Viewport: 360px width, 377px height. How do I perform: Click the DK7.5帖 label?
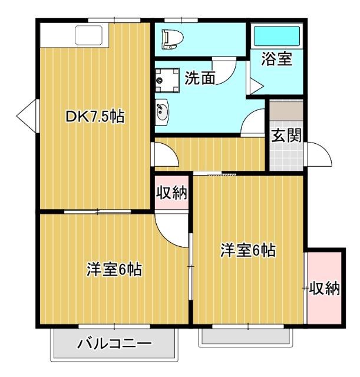[94, 117]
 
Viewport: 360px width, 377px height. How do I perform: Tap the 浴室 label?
[276, 59]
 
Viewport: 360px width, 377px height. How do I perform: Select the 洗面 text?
[199, 78]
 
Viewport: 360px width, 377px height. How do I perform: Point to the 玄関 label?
[286, 135]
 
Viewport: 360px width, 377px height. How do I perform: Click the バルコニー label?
[115, 343]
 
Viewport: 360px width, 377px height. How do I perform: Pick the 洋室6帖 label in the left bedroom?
[114, 270]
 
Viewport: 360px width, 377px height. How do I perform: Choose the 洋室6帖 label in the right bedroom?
[248, 250]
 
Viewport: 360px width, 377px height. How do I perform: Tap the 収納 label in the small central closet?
[171, 193]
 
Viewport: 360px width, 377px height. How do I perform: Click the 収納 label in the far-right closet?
[325, 288]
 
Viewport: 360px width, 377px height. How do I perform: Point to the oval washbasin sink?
[161, 111]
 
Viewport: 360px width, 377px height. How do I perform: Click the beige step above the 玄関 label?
[286, 111]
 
